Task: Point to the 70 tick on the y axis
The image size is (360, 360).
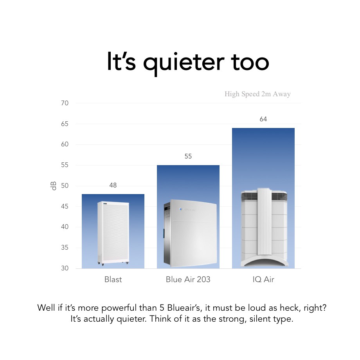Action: (x=65, y=103)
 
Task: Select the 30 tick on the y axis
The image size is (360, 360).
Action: (x=65, y=268)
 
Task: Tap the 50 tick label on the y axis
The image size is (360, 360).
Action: (x=65, y=186)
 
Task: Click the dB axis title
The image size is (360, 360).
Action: (x=53, y=186)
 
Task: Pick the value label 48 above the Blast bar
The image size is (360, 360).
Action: (x=113, y=185)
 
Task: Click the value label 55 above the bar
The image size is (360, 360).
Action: (x=188, y=157)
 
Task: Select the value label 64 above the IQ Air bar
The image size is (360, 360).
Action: (x=263, y=119)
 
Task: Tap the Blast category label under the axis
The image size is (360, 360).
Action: (x=113, y=279)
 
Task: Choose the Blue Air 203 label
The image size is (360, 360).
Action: (x=188, y=279)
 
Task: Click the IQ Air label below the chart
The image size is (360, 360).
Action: (x=263, y=279)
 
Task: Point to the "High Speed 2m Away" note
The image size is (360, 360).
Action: (x=257, y=94)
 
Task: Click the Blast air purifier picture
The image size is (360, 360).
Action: (x=113, y=233)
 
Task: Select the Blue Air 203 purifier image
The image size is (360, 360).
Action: (x=190, y=233)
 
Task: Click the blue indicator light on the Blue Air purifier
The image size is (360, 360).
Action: (x=181, y=209)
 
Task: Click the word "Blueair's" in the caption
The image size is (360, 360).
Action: (x=184, y=308)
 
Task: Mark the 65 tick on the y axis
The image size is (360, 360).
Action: (x=65, y=124)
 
